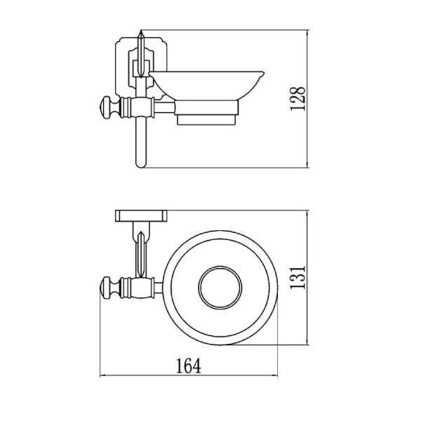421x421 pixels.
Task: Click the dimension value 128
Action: pos(298,98)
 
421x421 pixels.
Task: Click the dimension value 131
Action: pos(298,277)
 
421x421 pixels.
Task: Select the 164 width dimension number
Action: pos(189,366)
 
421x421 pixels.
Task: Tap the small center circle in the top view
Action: pos(220,288)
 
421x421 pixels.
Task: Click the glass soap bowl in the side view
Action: pos(207,86)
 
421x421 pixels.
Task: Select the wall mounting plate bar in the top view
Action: pos(141,216)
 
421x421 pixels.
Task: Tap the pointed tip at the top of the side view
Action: pos(141,31)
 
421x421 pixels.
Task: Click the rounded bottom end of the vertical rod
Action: pos(141,164)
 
